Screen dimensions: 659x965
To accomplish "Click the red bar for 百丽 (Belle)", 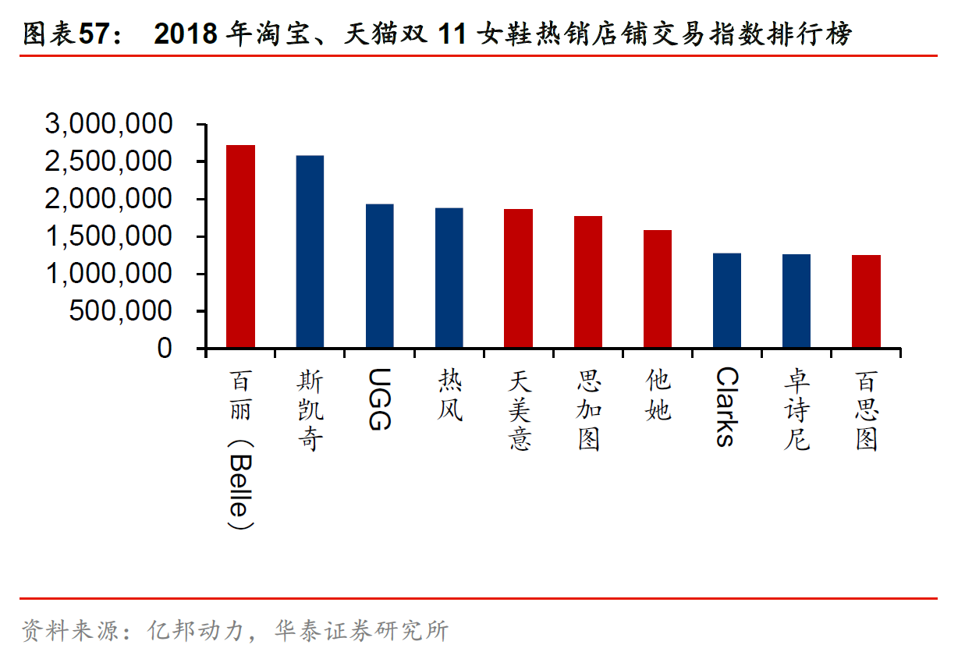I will (240, 246).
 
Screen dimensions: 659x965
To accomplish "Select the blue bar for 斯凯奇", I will (310, 251).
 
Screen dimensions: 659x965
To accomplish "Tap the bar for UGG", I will (379, 276).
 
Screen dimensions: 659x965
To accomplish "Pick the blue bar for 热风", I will (449, 278).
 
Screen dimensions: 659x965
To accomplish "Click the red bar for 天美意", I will (518, 278).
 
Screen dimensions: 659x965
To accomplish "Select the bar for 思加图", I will (587, 282).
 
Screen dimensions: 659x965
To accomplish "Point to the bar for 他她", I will (657, 289).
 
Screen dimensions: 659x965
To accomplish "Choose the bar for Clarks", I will (726, 300).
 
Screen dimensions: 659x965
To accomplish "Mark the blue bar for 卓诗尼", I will (796, 301).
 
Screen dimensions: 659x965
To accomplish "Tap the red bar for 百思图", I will (866, 301).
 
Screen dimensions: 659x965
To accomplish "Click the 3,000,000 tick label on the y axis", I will (109, 125).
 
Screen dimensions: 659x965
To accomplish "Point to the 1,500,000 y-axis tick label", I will (109, 237).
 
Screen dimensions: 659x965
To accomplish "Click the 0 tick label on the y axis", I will (165, 349).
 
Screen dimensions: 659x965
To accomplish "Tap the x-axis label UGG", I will (378, 399).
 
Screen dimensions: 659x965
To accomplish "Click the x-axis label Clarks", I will (726, 406).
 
